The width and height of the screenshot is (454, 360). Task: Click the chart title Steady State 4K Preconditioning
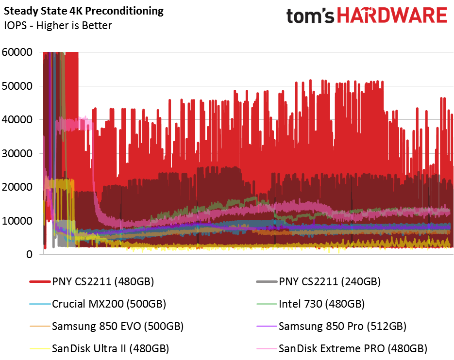[x=84, y=11]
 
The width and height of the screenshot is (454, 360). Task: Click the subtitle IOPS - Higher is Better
[x=57, y=25]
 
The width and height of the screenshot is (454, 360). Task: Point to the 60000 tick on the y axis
[x=17, y=52]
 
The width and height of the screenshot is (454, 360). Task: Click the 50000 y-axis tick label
[x=17, y=86]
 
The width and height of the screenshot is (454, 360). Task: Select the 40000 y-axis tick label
[x=17, y=119]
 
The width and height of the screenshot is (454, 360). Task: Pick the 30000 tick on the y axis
[x=17, y=153]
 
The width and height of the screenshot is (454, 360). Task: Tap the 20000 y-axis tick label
[x=17, y=187]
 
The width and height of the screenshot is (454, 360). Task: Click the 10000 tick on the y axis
[x=17, y=221]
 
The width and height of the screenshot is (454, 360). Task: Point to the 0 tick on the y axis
[x=30, y=254]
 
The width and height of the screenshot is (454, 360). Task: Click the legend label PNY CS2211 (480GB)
[x=103, y=281]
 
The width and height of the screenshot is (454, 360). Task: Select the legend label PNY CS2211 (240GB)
[x=329, y=281]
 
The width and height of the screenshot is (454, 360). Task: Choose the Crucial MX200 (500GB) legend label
[x=109, y=304]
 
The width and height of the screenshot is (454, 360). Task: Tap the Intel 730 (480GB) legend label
[x=321, y=304]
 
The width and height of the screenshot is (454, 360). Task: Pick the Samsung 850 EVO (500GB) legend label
[x=118, y=326]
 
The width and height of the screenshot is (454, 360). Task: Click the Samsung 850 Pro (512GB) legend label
[x=342, y=326]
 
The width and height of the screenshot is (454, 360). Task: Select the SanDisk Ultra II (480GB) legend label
[x=110, y=348]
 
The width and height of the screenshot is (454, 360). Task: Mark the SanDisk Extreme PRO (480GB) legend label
[x=353, y=348]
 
